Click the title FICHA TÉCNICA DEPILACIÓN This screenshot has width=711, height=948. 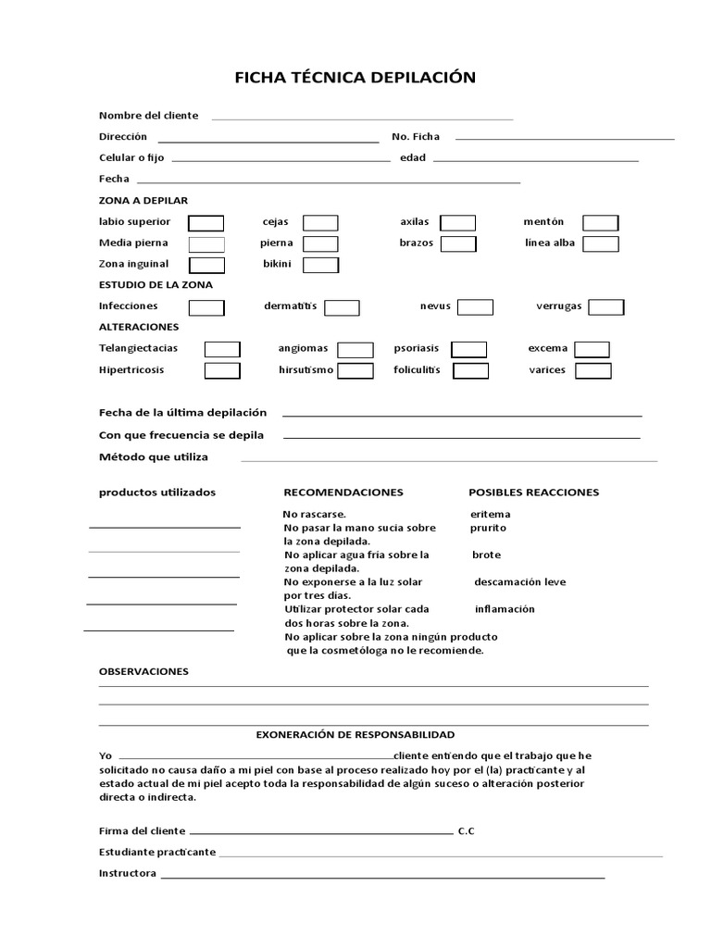pos(355,78)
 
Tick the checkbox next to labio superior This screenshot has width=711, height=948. pos(206,223)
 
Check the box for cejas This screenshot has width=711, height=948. pos(320,223)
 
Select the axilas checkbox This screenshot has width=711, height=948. pos(457,223)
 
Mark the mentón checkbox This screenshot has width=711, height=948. pos(600,223)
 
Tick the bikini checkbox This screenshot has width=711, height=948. pos(320,265)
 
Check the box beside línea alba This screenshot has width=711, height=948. pos(600,244)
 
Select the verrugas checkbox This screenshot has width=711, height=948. pos(606,307)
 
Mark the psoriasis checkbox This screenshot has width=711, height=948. pos(468,349)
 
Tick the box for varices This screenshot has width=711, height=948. pos(592,371)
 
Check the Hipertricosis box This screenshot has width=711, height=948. pos(222,370)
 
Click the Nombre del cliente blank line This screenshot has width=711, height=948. pos(362,118)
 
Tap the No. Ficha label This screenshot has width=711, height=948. pos(416,137)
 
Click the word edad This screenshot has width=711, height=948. pos(412,158)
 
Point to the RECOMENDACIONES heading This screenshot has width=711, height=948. pos(343,493)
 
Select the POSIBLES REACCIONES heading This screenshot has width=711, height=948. pos(533,493)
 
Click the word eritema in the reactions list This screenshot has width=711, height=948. pos(491,514)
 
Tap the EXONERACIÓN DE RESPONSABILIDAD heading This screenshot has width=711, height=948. pos(355,734)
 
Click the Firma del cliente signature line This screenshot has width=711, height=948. pos(320,830)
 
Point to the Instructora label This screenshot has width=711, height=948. pos(127,873)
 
